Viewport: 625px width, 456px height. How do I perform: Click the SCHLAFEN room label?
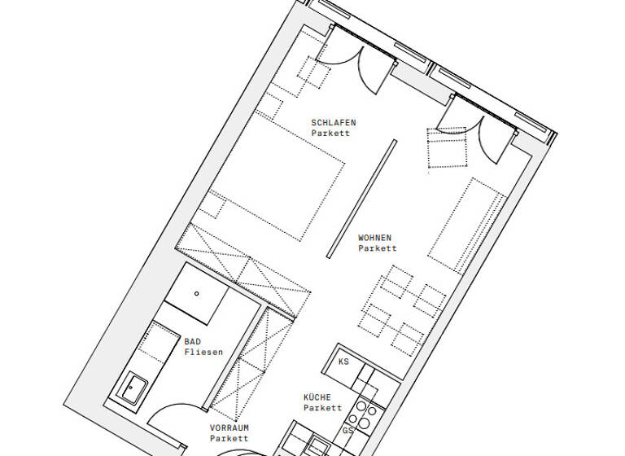click(334, 123)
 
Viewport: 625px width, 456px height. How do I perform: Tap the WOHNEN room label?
click(375, 239)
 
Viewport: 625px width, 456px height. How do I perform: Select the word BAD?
click(192, 342)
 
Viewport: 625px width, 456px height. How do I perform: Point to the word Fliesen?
click(203, 353)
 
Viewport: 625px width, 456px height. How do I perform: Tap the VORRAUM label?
click(229, 428)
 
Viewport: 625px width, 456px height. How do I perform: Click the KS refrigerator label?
click(343, 362)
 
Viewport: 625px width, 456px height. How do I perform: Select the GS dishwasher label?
click(347, 430)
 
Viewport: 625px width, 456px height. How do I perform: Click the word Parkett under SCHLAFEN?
click(330, 134)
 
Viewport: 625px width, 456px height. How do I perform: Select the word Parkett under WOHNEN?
click(378, 249)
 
